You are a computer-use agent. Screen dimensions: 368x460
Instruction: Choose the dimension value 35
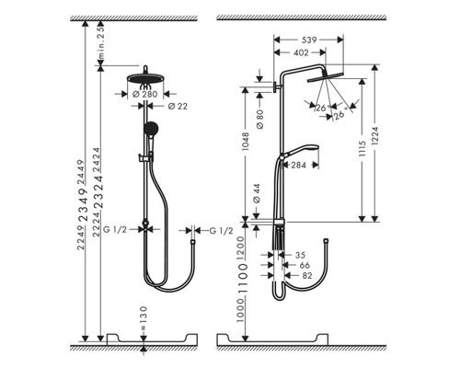pyautogui.click(x=298, y=253)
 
